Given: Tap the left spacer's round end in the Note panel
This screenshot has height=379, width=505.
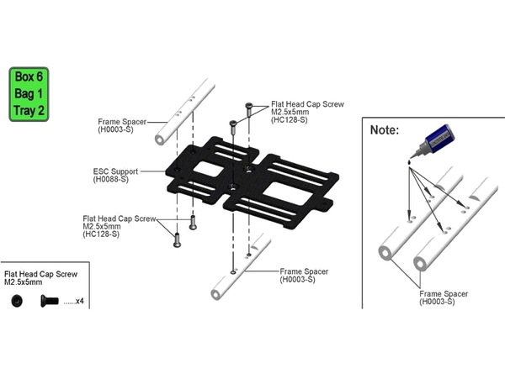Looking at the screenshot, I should tap(383, 251).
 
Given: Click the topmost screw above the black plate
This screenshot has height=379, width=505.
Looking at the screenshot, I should tap(250, 107).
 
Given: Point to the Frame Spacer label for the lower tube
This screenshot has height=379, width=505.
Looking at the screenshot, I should tap(300, 275).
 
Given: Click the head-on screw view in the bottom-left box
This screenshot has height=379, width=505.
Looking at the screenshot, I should tap(16, 301).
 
